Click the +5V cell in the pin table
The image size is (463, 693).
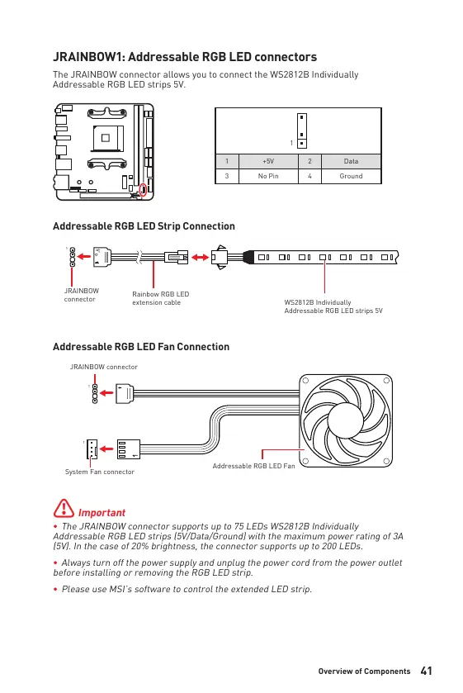pos(268,161)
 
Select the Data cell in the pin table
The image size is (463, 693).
pos(351,161)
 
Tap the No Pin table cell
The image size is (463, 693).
pos(268,176)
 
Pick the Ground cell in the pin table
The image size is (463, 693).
pos(351,176)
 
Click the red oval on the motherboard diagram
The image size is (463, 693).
pos(143,190)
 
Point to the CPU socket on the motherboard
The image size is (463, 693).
pos(106,138)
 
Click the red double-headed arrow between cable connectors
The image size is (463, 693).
pos(200,257)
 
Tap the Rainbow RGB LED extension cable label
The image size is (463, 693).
pos(160,298)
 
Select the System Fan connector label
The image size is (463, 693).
pos(99,472)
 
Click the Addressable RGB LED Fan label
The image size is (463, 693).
pos(253,466)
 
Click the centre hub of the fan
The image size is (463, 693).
pos(346,420)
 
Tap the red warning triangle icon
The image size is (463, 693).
pos(64,508)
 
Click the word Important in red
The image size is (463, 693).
pos(102,513)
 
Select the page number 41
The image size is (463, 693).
pos(427,671)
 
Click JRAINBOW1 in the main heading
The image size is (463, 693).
pos(87,57)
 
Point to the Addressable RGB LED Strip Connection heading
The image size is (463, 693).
pos(144,226)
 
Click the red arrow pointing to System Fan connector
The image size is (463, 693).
pos(106,449)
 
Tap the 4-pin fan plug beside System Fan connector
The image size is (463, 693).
pos(129,449)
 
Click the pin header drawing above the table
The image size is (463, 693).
pos(302,131)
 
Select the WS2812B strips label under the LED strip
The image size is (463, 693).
pos(333,306)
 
